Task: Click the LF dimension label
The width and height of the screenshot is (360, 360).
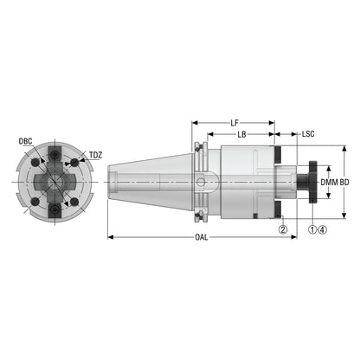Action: tap(235, 123)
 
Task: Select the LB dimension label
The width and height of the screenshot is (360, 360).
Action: tap(241, 134)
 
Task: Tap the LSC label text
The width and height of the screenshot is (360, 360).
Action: tap(308, 134)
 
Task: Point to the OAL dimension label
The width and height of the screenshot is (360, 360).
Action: tap(202, 237)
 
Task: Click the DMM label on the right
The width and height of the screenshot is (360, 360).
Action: tap(330, 183)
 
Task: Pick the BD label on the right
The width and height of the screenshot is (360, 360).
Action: tap(344, 183)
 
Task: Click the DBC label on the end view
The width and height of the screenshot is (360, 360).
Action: tap(25, 141)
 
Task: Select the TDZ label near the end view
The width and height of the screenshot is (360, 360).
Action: tap(95, 155)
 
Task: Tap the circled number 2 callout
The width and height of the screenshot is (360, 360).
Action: tap(283, 229)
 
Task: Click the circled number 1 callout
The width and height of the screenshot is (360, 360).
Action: tap(312, 229)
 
